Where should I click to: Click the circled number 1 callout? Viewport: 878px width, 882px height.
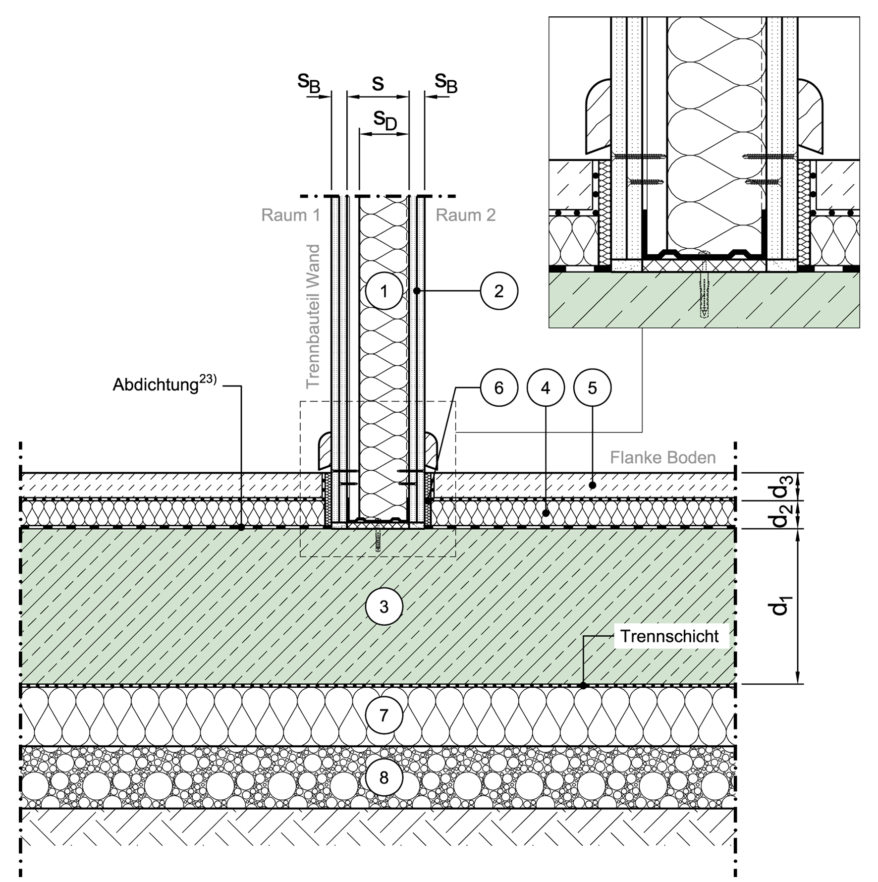(x=384, y=291)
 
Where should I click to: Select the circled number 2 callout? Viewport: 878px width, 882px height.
(x=499, y=291)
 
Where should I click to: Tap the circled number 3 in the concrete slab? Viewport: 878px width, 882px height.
(x=384, y=606)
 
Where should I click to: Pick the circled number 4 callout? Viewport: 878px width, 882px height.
(x=546, y=388)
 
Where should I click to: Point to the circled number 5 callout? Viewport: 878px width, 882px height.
(x=592, y=388)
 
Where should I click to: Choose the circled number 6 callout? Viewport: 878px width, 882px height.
(x=499, y=388)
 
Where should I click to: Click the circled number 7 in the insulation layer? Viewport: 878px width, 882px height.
(x=384, y=715)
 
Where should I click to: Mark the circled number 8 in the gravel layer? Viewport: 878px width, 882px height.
(x=384, y=777)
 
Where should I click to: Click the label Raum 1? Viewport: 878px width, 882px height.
(x=291, y=215)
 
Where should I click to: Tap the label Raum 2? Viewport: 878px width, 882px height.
(x=466, y=215)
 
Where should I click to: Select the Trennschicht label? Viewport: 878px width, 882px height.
(x=669, y=636)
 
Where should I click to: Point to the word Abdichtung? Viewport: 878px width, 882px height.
(x=156, y=385)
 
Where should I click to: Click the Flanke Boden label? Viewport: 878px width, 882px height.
(x=663, y=457)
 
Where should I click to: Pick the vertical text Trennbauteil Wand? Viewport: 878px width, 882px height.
(x=313, y=317)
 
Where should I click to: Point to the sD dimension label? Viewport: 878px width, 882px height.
(x=385, y=120)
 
